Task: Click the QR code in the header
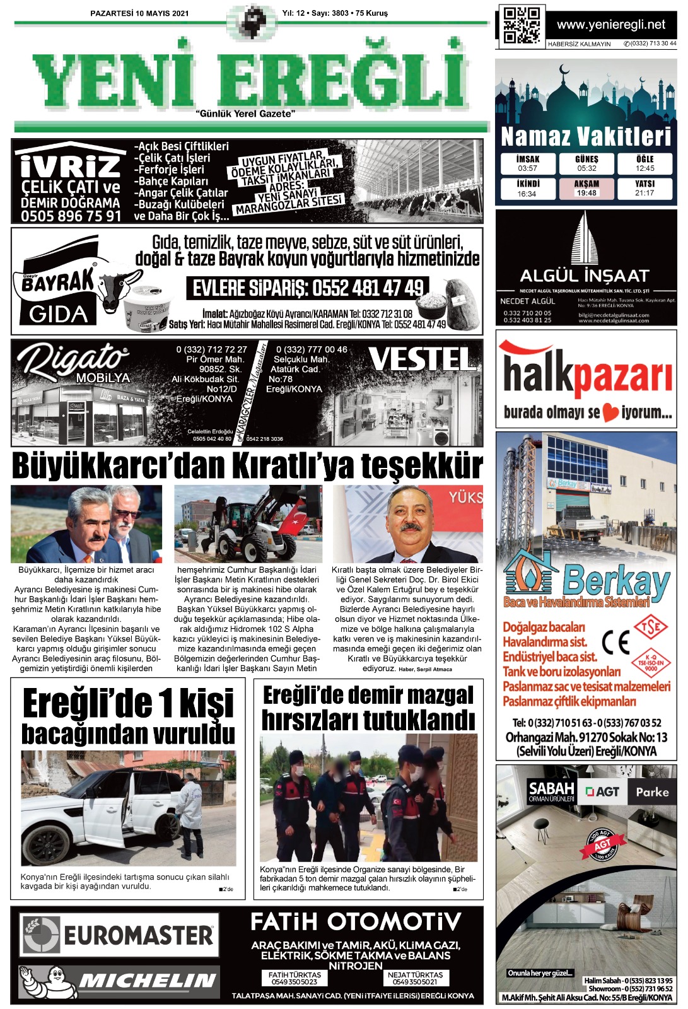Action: [x=521, y=26]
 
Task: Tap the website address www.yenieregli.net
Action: [x=610, y=25]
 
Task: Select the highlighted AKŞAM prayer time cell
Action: [x=586, y=189]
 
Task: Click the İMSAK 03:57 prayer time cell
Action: [x=527, y=164]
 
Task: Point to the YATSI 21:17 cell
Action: [x=644, y=189]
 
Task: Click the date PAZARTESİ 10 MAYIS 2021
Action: [x=139, y=13]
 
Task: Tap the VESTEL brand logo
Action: [x=423, y=359]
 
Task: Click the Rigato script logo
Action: [x=72, y=359]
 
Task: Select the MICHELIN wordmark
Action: [x=147, y=980]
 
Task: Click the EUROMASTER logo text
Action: [x=139, y=935]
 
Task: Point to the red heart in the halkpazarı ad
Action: [x=610, y=413]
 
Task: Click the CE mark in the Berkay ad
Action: [x=615, y=643]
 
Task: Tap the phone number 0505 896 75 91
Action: [x=71, y=216]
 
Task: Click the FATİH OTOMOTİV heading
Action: [x=356, y=922]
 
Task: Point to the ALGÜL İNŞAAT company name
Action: [x=584, y=276]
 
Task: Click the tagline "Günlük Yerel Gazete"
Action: [x=245, y=114]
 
